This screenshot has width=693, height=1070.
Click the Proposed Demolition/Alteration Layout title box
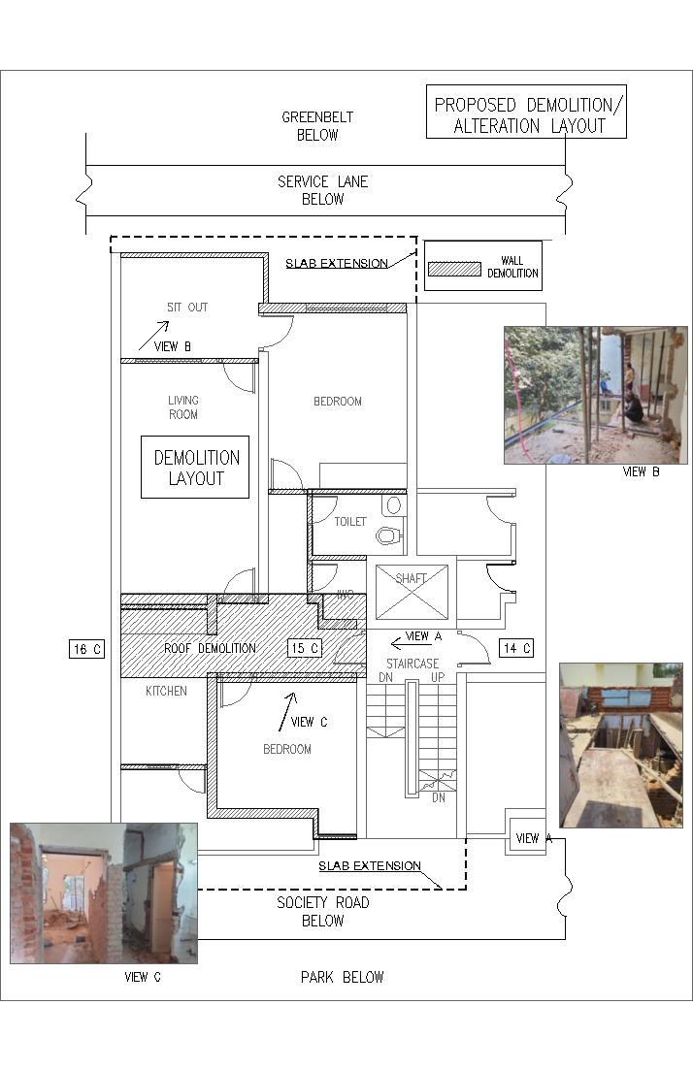(526, 112)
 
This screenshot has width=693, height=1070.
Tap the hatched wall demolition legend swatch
(454, 269)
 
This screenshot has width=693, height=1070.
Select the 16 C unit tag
(86, 649)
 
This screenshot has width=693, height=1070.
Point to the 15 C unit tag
(305, 648)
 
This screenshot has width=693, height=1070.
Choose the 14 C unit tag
(516, 648)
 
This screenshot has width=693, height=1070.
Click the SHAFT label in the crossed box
(411, 579)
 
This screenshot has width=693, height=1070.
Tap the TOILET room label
(350, 521)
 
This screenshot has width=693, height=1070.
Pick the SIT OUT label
(187, 308)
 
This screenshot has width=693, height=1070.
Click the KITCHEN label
(166, 692)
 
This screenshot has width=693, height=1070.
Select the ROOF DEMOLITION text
(211, 648)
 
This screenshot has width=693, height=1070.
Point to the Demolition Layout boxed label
(195, 468)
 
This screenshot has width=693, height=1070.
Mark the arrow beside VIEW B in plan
(153, 336)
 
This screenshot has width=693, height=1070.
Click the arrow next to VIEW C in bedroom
(287, 712)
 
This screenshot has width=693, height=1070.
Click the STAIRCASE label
(412, 664)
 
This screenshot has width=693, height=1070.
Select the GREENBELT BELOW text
(317, 126)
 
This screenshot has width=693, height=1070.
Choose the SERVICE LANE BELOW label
(323, 190)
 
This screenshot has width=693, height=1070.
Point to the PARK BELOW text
(342, 977)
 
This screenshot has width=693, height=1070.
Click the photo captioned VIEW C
(104, 893)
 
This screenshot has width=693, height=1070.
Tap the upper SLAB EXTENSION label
(337, 264)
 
